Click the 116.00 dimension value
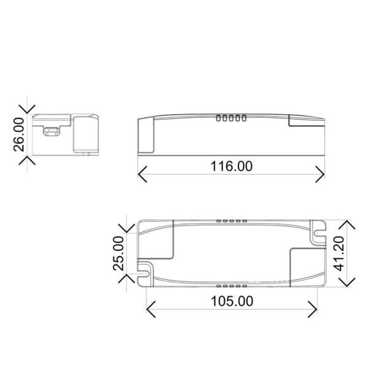coord(232,166)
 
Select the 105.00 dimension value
coord(232,301)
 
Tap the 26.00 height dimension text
coord(18,134)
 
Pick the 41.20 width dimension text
coord(347,251)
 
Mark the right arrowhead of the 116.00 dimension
coord(323,173)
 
